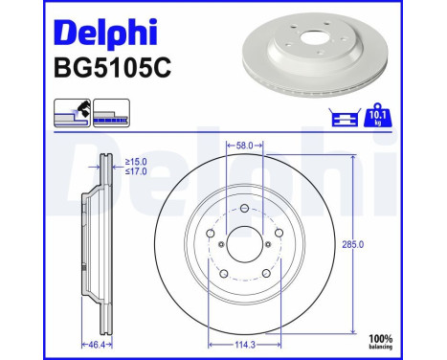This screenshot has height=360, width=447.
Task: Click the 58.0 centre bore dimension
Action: [x=244, y=146]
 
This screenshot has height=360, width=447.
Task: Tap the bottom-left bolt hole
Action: [x=223, y=276]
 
